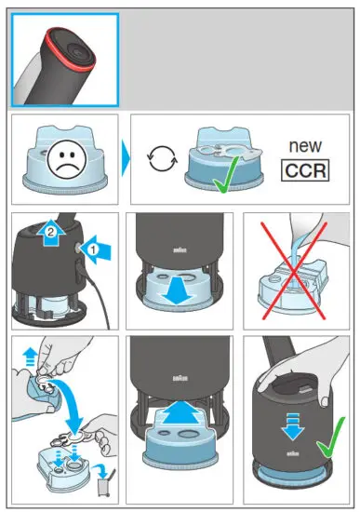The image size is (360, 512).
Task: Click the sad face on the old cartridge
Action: coord(67,160)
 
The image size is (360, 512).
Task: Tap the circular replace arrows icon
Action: coord(162,159)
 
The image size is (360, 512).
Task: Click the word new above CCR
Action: coord(305,146)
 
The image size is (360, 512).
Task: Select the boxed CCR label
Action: coord(305,170)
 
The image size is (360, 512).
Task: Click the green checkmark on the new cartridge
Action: coord(225,176)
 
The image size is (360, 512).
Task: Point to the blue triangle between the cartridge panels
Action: coord(126,158)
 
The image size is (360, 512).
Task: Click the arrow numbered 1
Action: coord(97,249)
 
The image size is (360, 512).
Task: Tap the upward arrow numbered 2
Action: coord(50,233)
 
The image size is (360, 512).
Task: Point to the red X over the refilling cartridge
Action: coord(294,271)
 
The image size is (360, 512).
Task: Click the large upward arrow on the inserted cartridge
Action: coord(180,413)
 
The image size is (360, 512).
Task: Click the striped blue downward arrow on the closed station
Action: coord(292,426)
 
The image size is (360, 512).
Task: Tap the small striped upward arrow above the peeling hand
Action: coord(31,357)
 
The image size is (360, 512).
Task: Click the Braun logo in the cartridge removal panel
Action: coord(180,250)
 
